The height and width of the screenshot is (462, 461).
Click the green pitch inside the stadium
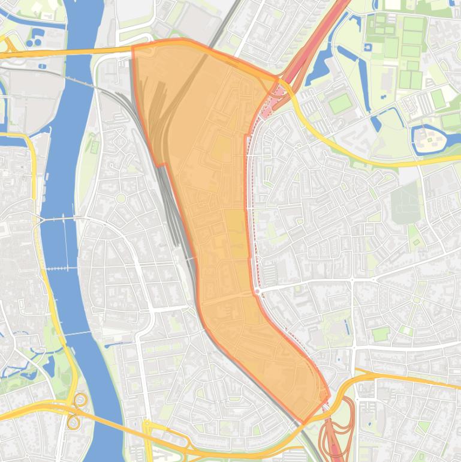pos(341,104)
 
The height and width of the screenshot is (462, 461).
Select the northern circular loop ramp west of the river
pos(80,400)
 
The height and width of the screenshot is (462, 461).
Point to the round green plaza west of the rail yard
pos(120,198)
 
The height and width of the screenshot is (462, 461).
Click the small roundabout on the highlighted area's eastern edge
pos(257,291)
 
